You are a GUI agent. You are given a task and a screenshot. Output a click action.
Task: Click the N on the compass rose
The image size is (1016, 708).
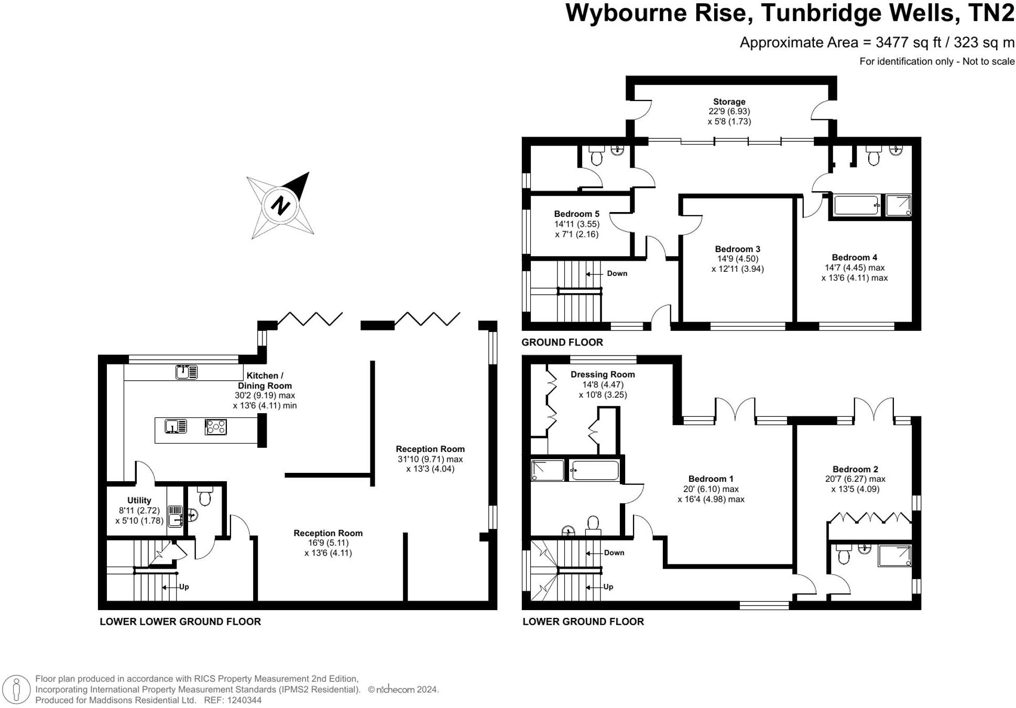[x=281, y=204]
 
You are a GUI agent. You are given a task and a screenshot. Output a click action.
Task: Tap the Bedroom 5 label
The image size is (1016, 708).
[x=576, y=214]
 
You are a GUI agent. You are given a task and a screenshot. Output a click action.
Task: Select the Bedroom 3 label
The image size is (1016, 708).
[x=737, y=249]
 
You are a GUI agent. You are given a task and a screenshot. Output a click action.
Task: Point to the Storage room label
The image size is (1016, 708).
[x=729, y=102]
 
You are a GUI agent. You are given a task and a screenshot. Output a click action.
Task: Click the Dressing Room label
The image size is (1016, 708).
[x=603, y=374]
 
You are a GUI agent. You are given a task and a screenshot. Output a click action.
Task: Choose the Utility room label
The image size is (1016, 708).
[x=139, y=500]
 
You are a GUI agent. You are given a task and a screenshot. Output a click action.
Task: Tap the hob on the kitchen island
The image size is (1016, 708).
[x=216, y=427]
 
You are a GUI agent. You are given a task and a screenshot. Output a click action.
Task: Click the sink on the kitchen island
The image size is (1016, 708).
[x=176, y=427]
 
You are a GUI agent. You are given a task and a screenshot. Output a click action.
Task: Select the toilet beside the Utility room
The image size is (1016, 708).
[x=205, y=496]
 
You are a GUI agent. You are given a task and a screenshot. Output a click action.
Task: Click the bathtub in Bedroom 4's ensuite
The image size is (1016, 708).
[x=856, y=205]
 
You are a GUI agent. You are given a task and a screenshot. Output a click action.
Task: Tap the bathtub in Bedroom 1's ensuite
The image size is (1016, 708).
[x=595, y=470]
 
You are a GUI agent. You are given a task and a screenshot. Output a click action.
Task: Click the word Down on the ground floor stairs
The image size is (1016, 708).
[x=617, y=273]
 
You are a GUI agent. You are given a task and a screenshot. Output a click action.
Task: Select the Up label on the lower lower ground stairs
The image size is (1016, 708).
[x=184, y=587]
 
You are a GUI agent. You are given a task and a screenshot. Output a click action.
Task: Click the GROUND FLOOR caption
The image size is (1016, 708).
[x=562, y=342]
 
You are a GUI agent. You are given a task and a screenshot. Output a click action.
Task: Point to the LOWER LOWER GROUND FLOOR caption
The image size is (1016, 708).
[x=180, y=622]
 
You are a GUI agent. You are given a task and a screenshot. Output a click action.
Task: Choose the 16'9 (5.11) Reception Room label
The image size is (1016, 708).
[x=328, y=533]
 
